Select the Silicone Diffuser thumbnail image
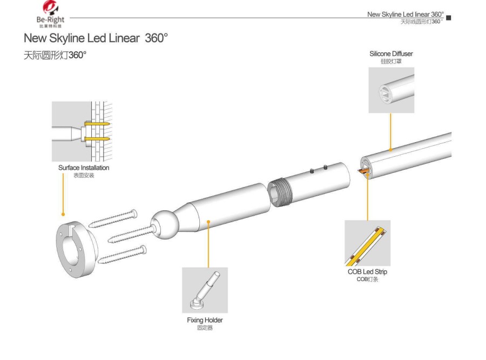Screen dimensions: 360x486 point(391,90)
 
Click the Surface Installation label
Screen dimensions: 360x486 point(83,168)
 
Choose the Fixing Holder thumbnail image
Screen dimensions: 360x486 point(205,290)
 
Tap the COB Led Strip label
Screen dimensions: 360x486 point(367,271)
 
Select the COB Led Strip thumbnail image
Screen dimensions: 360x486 point(367,243)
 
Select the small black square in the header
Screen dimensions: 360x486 point(449,18)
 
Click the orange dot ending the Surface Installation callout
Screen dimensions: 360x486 point(64,214)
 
